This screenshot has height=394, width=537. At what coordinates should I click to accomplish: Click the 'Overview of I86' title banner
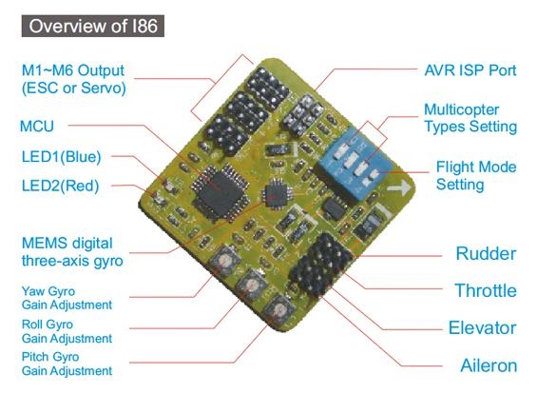point(93,26)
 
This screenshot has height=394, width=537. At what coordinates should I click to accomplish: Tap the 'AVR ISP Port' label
point(470,70)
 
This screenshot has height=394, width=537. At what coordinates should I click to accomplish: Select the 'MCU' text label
point(37,127)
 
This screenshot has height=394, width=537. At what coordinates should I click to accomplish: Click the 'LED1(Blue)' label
point(61,157)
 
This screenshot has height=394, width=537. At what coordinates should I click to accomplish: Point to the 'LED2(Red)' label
point(60,186)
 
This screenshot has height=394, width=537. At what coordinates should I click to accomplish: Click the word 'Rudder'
point(486,254)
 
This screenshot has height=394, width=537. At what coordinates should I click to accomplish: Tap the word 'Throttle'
point(486,290)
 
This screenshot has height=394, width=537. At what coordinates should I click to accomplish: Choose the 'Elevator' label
point(483,327)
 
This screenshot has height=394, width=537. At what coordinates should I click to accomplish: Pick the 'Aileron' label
point(489,365)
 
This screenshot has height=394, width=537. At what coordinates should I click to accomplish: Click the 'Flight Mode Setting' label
point(476,175)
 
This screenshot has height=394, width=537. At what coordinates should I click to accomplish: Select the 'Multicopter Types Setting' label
point(470,118)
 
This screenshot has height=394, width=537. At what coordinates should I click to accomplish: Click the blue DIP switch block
point(354,164)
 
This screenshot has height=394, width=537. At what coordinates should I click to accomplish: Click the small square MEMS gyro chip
point(277,194)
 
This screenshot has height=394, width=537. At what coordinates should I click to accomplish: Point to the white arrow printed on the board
point(398,187)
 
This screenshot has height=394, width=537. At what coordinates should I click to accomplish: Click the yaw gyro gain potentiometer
point(224,262)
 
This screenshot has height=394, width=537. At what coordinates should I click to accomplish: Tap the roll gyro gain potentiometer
point(253,286)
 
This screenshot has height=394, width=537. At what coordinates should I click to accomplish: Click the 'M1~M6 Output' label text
point(73,70)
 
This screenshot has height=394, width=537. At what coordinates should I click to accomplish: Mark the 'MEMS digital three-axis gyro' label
point(72,252)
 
